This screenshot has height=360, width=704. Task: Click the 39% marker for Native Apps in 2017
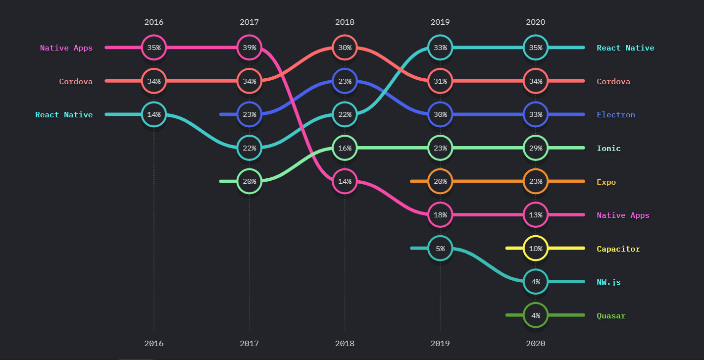pos(250,48)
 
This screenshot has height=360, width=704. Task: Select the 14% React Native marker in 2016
pos(154,114)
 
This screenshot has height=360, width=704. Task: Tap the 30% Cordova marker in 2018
pos(345,48)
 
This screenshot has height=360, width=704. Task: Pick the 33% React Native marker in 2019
pos(440,48)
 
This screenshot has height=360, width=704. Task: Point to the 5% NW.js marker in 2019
pos(440,248)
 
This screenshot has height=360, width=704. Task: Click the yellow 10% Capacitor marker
pos(536,248)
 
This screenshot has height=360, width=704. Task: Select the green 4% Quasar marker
pos(536,315)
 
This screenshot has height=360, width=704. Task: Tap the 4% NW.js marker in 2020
pos(536,282)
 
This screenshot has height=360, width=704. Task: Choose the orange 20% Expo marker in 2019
pos(440,181)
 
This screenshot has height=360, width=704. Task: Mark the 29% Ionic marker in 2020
pos(536,148)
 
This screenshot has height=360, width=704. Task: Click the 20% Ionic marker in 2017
pos(250,181)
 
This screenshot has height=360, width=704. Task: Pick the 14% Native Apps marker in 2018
pos(345,181)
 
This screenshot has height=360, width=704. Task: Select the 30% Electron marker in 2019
pos(440,114)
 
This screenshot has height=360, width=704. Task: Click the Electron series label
pos(615,115)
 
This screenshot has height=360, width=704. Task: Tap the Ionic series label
pos(608,149)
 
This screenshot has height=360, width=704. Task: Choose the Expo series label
pos(606,182)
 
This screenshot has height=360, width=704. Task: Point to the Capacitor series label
pos(618,249)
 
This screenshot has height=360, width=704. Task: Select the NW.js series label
pos(608,282)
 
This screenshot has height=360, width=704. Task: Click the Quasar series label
pos(611,316)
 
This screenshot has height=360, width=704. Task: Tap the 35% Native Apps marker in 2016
pos(154,48)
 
